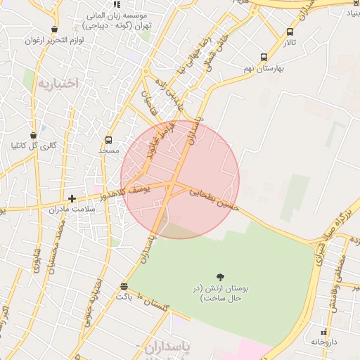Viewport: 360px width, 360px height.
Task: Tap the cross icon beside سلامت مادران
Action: coord(72,199)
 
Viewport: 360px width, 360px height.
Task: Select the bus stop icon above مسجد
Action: coord(108,140)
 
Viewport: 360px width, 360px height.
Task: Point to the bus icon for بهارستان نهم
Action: coord(264,58)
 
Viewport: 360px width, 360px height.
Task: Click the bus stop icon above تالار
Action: coord(290,32)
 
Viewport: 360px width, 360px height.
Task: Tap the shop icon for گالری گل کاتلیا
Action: coord(33,136)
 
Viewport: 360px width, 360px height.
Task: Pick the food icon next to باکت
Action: coord(124,286)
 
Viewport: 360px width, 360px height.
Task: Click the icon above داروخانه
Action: coord(323,331)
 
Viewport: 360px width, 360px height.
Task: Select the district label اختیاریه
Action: coord(60,84)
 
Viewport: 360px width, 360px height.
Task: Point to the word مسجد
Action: coord(108,150)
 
